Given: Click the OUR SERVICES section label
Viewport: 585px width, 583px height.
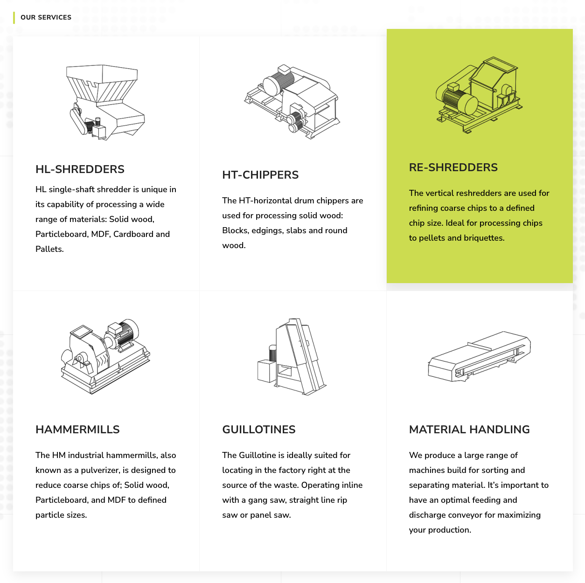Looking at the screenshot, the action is point(46,17).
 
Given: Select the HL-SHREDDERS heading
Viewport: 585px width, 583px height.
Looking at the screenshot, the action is point(80,169).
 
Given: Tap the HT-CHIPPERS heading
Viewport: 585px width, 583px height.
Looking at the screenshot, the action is point(260,175).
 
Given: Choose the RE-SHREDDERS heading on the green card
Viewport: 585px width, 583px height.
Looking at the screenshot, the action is point(453,167).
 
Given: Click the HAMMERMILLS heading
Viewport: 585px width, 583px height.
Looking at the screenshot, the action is point(77,430).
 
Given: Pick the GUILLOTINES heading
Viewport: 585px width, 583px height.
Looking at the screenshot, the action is point(258,430).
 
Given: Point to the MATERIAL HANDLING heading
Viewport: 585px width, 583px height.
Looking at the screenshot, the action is point(469,430).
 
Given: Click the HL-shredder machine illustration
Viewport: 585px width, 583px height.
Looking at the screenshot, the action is point(105,102).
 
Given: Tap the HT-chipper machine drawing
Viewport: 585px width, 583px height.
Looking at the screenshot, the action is point(292,101).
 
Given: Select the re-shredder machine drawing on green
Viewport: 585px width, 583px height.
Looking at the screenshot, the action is point(479,95).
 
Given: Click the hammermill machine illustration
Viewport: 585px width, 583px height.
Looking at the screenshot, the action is point(105,356).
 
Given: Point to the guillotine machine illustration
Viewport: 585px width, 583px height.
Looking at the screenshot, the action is point(292,356).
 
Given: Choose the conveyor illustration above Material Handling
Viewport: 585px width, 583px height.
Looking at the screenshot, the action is point(479,356).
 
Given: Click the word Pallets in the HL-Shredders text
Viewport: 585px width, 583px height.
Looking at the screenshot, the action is point(49,249).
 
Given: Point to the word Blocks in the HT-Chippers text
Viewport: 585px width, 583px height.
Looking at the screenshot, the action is point(235,230).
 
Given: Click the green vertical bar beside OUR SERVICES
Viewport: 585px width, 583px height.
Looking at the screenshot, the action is point(14,18).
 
